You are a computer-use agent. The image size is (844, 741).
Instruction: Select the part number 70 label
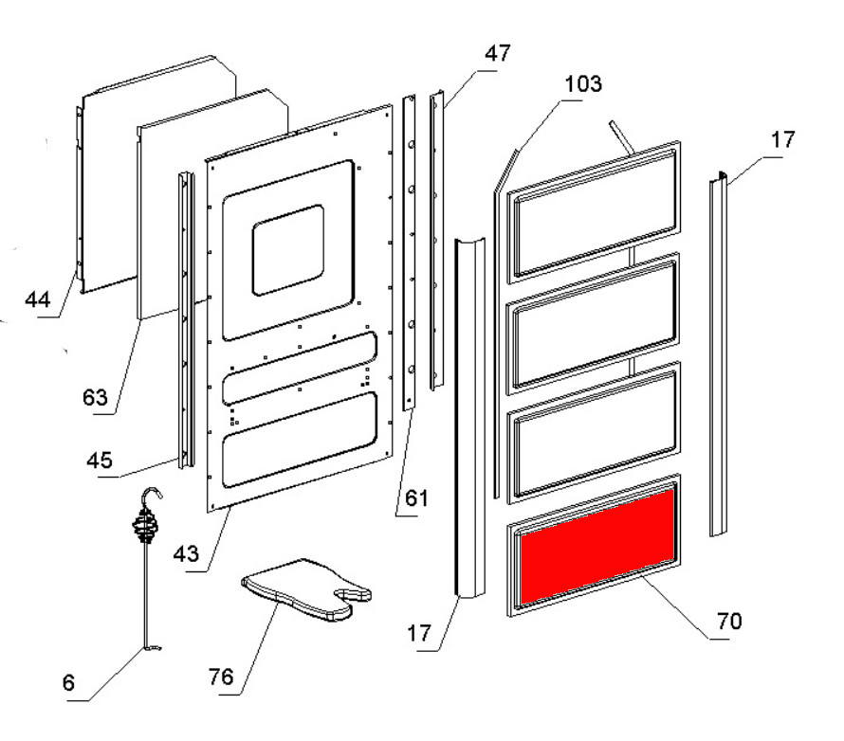(729, 621)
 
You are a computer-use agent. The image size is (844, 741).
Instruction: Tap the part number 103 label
(583, 84)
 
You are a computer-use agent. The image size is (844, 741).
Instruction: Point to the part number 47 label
(497, 53)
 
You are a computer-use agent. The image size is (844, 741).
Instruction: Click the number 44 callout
(38, 299)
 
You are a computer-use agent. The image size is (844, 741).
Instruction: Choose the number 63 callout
(95, 397)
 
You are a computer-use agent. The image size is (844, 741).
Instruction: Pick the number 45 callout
(100, 461)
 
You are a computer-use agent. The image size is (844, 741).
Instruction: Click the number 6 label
(68, 683)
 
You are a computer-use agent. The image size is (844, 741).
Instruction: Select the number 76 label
(221, 677)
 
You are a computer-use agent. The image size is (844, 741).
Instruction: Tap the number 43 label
(186, 553)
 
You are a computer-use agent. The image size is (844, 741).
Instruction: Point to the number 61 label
(416, 498)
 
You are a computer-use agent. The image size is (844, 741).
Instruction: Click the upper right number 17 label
(782, 140)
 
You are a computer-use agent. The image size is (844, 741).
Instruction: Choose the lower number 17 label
(419, 633)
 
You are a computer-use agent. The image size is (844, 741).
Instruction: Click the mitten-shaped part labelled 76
(302, 588)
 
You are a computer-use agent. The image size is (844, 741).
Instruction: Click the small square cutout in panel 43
(288, 250)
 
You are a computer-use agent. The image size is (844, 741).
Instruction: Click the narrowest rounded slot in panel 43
(300, 369)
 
